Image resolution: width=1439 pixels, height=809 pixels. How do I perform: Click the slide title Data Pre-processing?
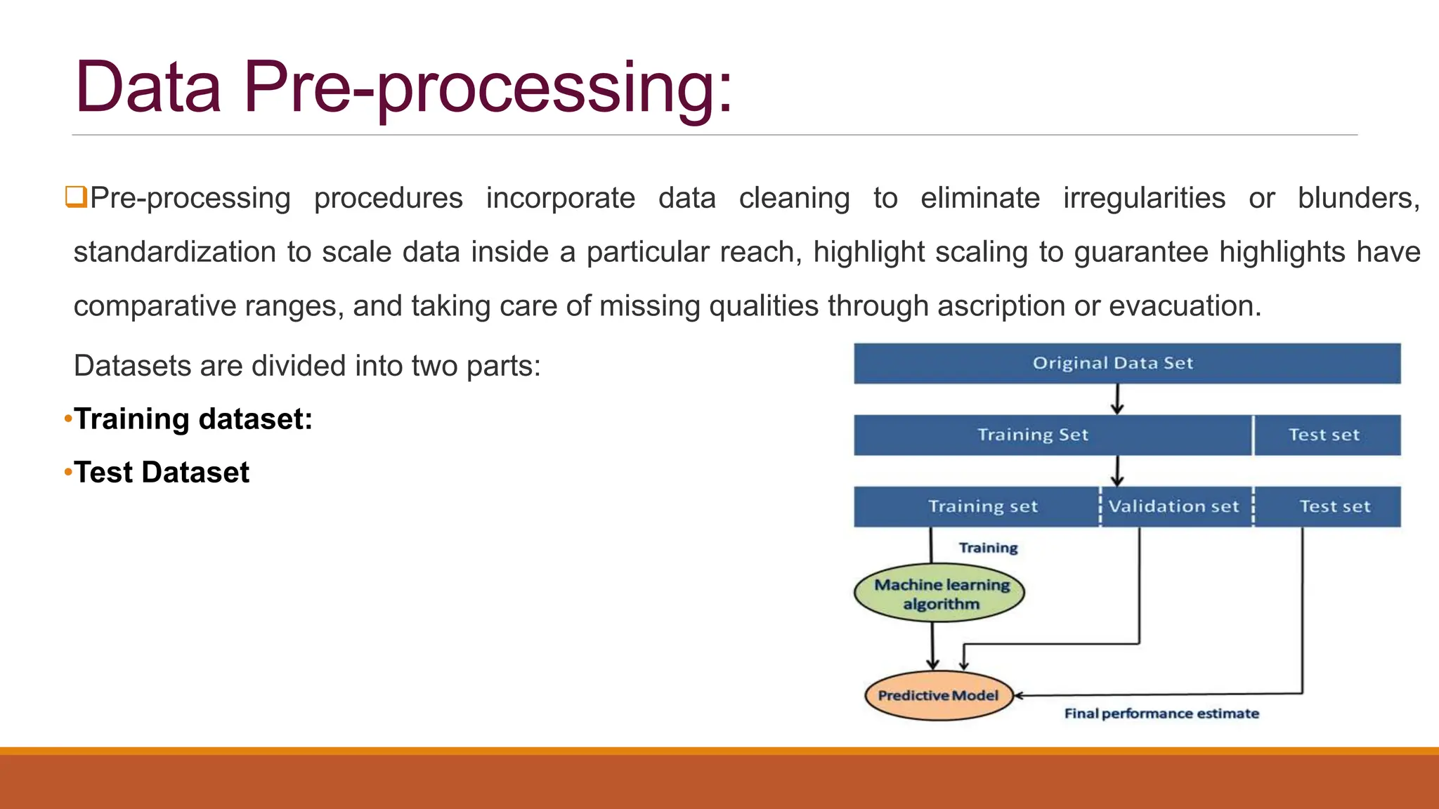click(403, 88)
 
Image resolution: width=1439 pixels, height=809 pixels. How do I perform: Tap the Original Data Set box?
click(1126, 363)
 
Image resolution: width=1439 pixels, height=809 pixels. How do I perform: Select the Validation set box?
click(1175, 506)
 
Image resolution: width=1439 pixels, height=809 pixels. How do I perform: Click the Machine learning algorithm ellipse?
click(940, 594)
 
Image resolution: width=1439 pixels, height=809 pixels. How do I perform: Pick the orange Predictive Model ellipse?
click(938, 695)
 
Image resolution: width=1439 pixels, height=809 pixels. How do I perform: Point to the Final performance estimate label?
click(1161, 713)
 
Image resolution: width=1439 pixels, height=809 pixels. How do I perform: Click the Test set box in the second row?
click(1325, 435)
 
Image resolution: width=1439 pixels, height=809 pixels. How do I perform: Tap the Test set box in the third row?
click(1334, 506)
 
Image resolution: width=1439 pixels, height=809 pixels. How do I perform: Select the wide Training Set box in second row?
click(1033, 435)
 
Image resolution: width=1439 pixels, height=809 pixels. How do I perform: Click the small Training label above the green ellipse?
click(988, 548)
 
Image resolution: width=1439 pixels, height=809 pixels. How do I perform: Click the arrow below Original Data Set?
click(1117, 400)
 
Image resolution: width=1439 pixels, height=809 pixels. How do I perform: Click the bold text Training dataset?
click(193, 419)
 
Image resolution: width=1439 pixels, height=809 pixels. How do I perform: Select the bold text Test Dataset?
click(162, 473)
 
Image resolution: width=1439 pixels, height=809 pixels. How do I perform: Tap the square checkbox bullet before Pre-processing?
click(75, 197)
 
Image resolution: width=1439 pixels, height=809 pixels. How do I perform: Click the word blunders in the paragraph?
click(1357, 198)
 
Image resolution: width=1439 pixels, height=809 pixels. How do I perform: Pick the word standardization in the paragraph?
click(175, 252)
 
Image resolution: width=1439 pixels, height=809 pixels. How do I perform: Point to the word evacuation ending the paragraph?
click(1185, 306)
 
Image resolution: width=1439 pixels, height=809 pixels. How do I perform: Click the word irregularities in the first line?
click(1144, 198)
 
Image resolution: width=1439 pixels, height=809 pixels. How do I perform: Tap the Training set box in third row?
click(982, 506)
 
